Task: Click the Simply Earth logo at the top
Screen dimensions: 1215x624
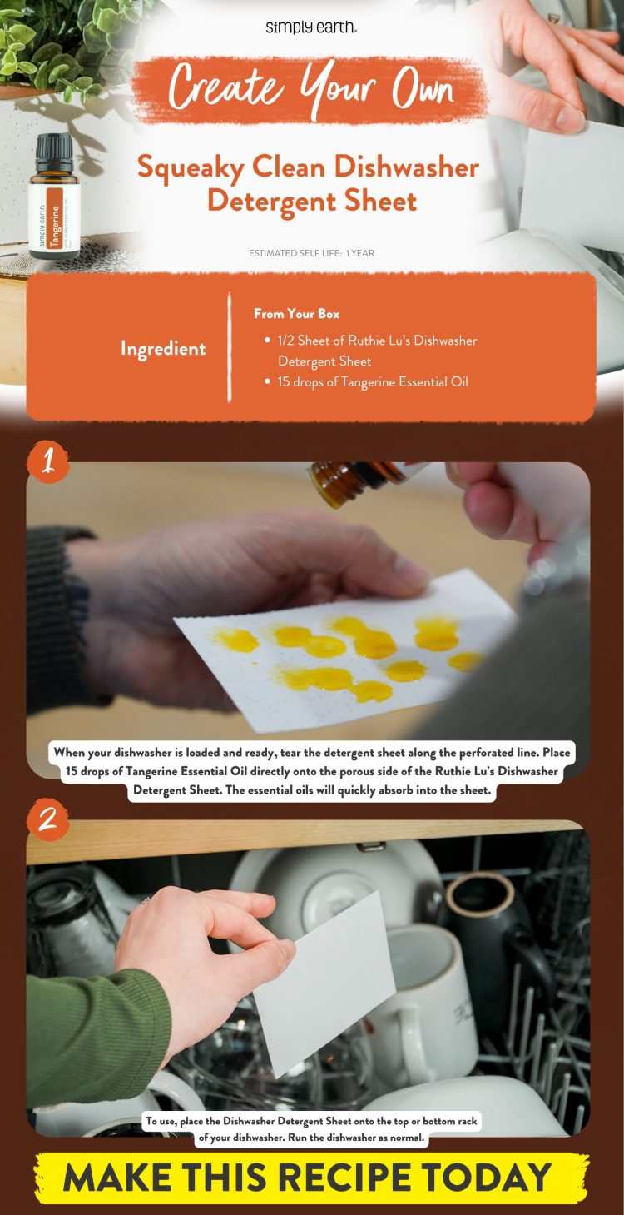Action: (x=311, y=27)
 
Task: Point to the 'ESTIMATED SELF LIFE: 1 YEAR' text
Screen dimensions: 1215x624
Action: (x=311, y=253)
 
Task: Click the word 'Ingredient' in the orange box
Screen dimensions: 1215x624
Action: (x=163, y=349)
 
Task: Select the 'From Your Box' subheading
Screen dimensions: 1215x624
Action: (x=296, y=314)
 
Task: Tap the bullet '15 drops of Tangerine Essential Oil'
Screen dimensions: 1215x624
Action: (x=373, y=382)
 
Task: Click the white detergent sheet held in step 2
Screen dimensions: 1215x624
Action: (x=324, y=983)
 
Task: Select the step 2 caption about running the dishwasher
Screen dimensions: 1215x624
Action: (x=312, y=1129)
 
